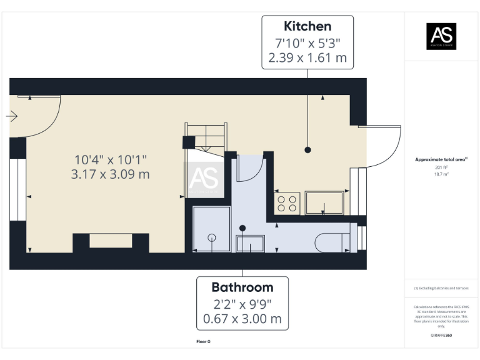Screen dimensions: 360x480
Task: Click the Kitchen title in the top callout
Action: (307, 26)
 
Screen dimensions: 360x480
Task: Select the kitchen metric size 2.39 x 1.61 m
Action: (307, 59)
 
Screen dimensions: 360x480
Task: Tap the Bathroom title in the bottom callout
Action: (242, 287)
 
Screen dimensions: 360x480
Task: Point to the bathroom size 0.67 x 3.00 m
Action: (242, 320)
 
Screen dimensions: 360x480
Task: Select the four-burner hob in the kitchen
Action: (287, 203)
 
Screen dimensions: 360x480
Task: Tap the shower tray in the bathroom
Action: (212, 229)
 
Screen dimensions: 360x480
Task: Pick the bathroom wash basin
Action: (250, 244)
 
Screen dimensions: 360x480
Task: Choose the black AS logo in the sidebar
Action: (441, 36)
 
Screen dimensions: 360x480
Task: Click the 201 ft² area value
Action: (441, 167)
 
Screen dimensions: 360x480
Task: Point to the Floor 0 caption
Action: (203, 342)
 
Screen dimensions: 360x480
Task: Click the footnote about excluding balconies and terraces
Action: (441, 288)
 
